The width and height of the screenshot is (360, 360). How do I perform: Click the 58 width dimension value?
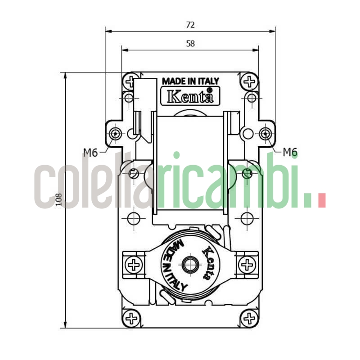point(190,44)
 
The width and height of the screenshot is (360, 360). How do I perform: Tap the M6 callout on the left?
point(90,153)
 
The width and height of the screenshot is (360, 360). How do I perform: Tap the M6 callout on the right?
point(290,153)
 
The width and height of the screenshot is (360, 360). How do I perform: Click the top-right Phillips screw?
point(249,82)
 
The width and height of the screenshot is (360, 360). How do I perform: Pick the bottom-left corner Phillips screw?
point(131,319)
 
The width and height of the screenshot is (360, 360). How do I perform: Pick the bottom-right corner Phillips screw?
point(249,319)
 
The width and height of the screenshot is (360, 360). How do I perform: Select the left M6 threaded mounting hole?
point(116,133)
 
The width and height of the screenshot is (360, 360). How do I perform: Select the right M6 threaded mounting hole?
point(265,133)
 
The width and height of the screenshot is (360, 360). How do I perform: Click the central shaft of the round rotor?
point(190,265)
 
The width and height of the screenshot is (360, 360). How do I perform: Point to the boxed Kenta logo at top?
point(187,95)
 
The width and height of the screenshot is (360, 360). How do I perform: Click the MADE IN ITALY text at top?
point(190,81)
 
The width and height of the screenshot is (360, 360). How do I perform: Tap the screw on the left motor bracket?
point(134,265)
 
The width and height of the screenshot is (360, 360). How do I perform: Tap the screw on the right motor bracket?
point(247,265)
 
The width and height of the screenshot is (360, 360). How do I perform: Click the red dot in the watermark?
point(321,200)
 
